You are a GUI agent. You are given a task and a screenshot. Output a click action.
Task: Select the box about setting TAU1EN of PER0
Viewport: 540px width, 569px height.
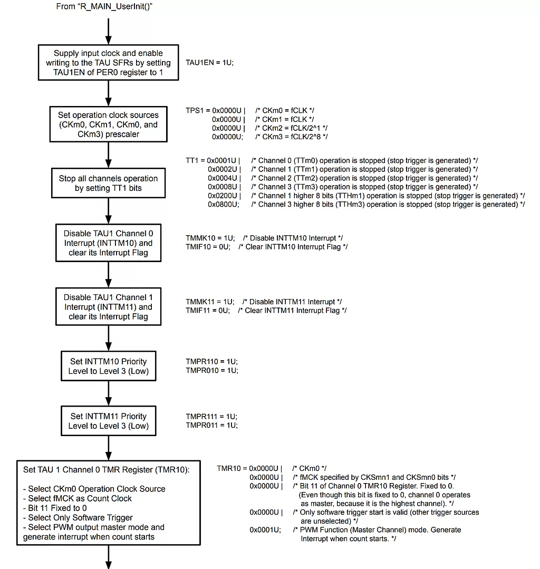point(108,63)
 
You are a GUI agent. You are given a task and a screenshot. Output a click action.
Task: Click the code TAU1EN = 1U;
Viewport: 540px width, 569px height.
point(209,62)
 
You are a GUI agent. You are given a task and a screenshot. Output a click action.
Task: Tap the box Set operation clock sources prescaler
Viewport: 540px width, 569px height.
point(108,124)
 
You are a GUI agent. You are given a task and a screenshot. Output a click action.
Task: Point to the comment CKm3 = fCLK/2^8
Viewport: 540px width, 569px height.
point(291,137)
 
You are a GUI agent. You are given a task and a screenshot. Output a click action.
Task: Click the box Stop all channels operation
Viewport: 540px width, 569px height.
point(108,183)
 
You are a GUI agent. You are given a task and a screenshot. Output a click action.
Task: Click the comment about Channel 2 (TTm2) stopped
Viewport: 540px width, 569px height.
point(364,178)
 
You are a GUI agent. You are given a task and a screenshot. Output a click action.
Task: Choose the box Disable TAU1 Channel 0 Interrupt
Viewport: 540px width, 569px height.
point(108,243)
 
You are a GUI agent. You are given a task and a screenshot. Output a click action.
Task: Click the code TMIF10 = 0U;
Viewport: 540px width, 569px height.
point(208,247)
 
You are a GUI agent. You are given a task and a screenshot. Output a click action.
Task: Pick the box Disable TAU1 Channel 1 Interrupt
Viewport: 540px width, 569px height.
point(108,307)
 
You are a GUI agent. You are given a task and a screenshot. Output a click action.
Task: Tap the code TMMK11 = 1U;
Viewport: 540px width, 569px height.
point(209,302)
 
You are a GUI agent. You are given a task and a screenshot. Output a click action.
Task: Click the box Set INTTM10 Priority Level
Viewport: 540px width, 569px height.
point(108,366)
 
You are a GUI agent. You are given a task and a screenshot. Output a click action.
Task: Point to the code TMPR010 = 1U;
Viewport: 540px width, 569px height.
point(211,371)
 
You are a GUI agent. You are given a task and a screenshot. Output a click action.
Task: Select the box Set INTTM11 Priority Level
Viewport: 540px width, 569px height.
point(108,421)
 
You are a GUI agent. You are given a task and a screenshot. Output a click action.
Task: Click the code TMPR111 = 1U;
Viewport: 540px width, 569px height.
point(211,417)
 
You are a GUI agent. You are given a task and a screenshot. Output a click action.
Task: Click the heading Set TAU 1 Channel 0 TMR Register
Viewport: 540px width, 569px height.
point(106,469)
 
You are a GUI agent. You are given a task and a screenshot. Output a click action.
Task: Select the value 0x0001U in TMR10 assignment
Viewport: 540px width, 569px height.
point(265,530)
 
